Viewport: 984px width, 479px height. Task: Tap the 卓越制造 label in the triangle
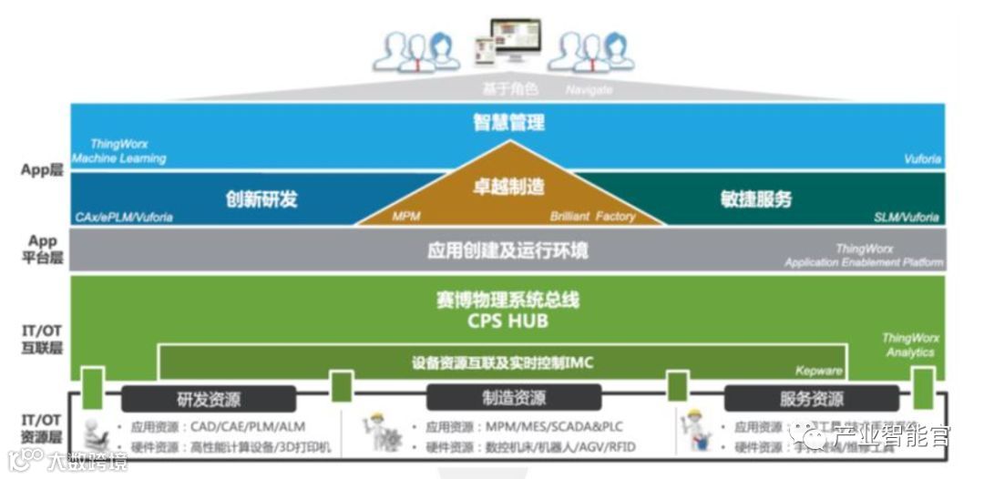[x=507, y=187]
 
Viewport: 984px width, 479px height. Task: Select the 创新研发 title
[x=261, y=199]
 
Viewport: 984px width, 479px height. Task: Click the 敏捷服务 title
[x=755, y=199]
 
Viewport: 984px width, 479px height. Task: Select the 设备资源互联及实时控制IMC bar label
[x=502, y=363]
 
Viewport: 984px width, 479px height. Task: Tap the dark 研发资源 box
[x=209, y=399]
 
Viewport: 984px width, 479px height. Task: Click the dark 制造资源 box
[x=513, y=398]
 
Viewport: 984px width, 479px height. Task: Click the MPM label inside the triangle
[x=405, y=217]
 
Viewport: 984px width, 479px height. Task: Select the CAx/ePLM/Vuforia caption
[x=124, y=217]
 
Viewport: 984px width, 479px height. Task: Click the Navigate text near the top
[x=589, y=90]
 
